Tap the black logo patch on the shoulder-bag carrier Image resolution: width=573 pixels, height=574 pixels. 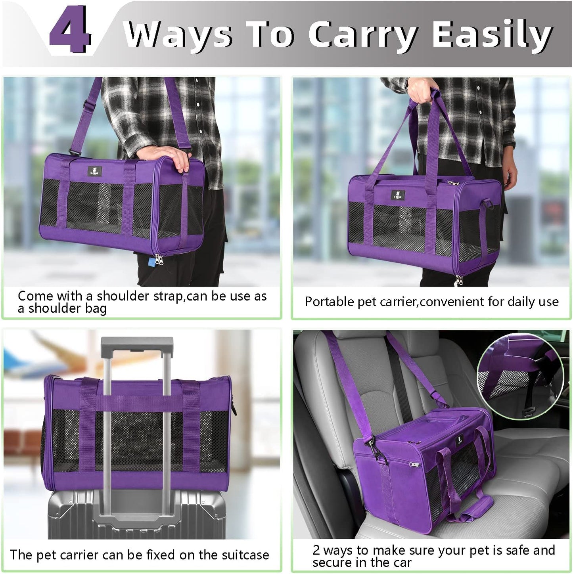point(95,172)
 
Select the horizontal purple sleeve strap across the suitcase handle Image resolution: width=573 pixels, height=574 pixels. point(137,403)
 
